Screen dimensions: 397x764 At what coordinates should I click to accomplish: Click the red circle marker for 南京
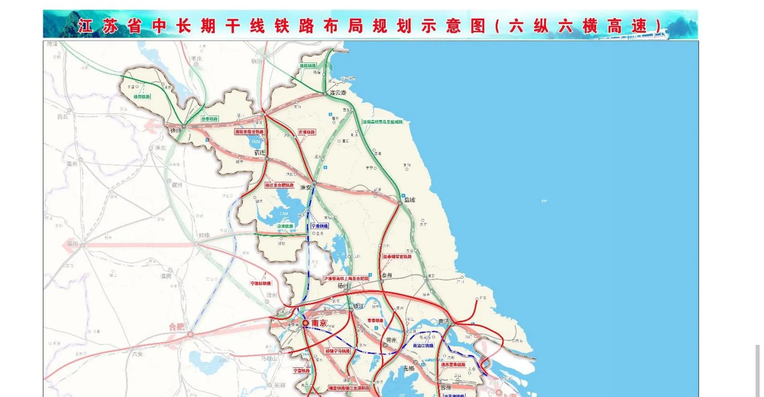tap(305, 323)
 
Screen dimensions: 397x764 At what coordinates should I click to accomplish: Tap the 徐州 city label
tap(175, 130)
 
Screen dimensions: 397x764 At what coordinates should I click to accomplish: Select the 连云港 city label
tap(338, 92)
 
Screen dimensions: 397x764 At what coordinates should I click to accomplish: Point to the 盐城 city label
tap(410, 199)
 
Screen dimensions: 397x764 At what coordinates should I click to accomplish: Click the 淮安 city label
tap(305, 187)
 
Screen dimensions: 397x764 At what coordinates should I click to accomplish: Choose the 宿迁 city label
tap(260, 152)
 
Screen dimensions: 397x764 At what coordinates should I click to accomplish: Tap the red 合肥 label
tap(177, 327)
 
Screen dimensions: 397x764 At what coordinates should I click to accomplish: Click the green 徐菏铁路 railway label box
tap(142, 97)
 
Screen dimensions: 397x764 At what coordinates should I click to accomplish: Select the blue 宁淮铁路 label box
tap(320, 226)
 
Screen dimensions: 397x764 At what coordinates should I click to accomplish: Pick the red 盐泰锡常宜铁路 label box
tap(397, 257)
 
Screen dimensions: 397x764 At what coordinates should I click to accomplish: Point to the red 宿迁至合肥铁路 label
tap(280, 185)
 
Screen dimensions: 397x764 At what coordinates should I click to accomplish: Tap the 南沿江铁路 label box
tap(423, 346)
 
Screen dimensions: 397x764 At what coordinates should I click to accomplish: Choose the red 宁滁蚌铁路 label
tap(261, 283)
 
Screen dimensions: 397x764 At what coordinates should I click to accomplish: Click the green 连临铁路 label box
tap(308, 66)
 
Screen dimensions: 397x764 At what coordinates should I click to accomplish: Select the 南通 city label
tap(443, 321)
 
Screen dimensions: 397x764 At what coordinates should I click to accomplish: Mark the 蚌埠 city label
tap(204, 235)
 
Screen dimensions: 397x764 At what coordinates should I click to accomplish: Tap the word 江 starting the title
tap(85, 26)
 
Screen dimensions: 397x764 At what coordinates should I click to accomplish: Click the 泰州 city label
tap(387, 275)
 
